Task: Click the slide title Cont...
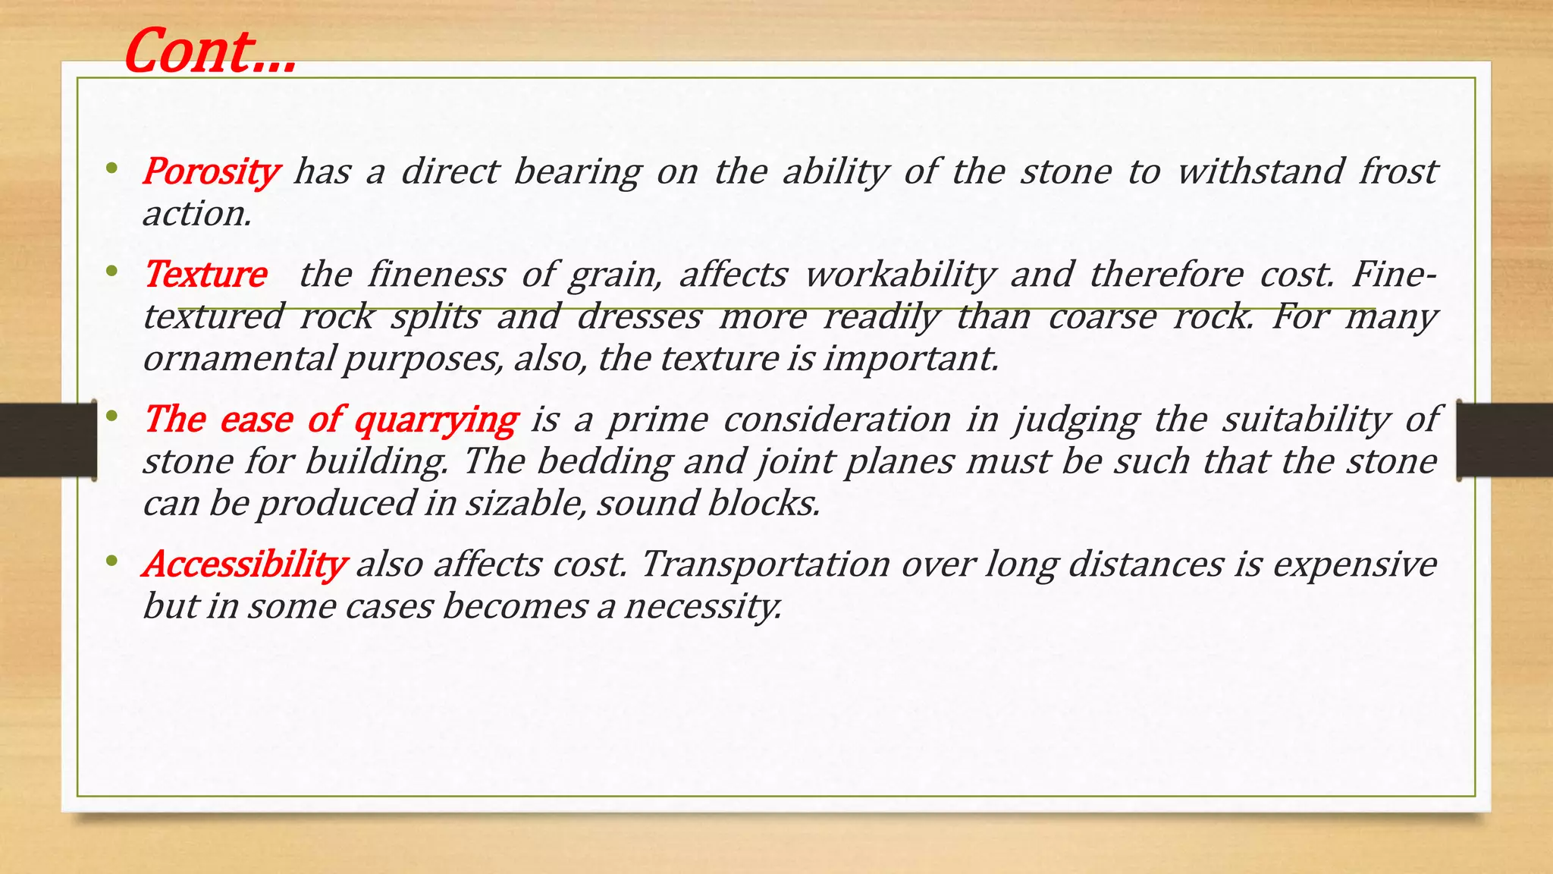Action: tap(209, 52)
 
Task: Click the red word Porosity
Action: tap(211, 171)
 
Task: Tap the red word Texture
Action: tap(205, 275)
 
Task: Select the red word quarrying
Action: tap(436, 420)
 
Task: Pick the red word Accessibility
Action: tap(244, 564)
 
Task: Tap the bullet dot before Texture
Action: tap(112, 271)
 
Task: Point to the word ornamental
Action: tap(238, 358)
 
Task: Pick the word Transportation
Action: tap(765, 564)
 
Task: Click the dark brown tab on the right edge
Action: tap(1505, 440)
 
